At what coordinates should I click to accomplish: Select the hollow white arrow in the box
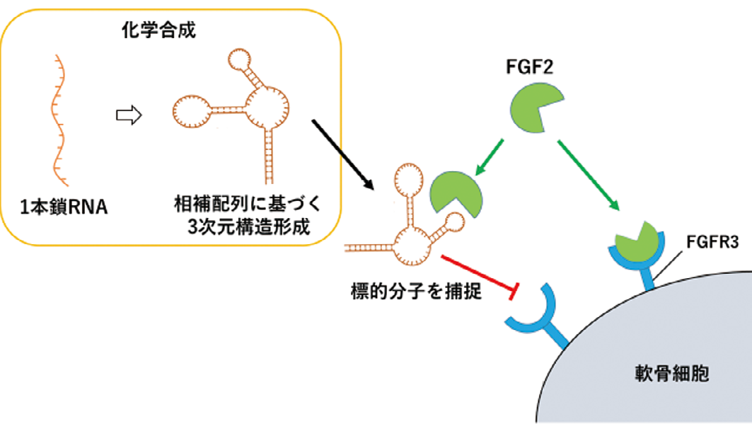pyautogui.click(x=129, y=115)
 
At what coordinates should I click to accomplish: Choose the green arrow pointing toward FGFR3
pyautogui.click(x=589, y=175)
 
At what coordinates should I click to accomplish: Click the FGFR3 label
pyautogui.click(x=712, y=243)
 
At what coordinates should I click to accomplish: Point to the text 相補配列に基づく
pyautogui.click(x=248, y=206)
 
